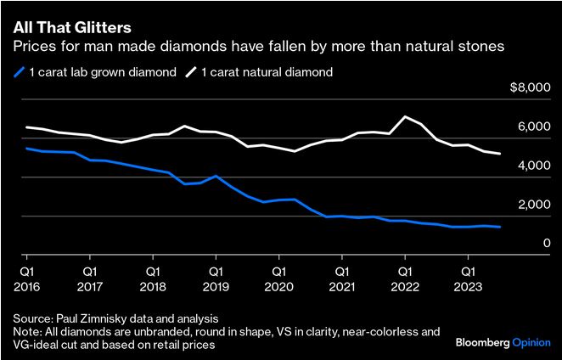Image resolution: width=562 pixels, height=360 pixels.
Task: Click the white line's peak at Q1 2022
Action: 405,116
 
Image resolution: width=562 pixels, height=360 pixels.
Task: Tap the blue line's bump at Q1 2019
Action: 216,176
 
